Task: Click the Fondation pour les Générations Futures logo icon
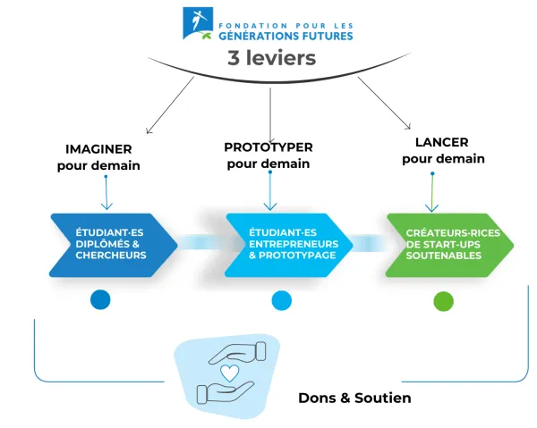pos(198,23)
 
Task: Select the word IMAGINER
pos(98,147)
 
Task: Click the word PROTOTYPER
pos(268,146)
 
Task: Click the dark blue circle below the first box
pos(100,300)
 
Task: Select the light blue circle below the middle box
pos(281,301)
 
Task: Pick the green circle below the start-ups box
pos(443,301)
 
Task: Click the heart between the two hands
pos(228,373)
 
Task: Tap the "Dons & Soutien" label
pos(354,398)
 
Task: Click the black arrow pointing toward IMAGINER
pos(170,106)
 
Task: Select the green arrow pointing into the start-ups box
pos(434,192)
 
